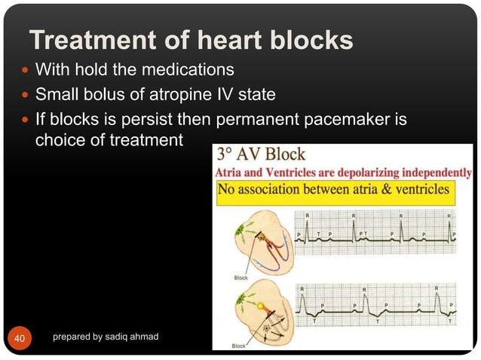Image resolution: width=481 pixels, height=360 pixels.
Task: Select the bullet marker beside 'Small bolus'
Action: [x=25, y=96]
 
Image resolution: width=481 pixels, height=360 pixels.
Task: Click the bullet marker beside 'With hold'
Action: [x=25, y=72]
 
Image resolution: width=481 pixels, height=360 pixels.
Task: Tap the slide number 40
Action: [x=19, y=338]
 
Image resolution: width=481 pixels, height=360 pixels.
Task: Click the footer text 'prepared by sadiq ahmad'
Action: [x=106, y=336]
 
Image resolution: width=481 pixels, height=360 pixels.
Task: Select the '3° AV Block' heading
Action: [x=261, y=155]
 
